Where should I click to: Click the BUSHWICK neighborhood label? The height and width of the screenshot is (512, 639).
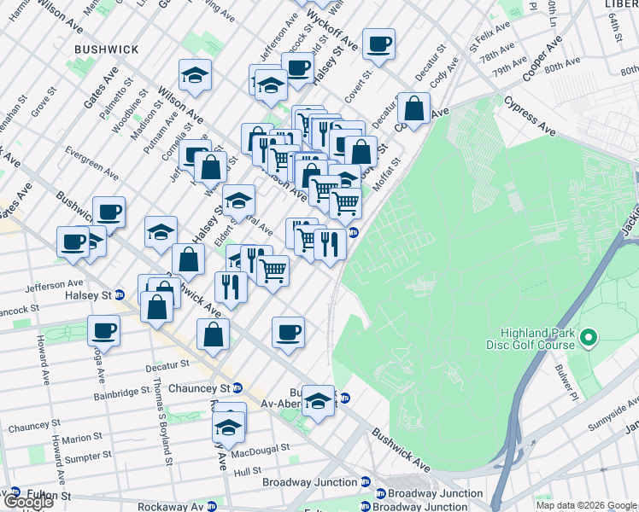point(106,49)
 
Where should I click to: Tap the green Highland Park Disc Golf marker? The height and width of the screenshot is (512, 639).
point(588,340)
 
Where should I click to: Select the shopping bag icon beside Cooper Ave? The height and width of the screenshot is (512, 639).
point(413,108)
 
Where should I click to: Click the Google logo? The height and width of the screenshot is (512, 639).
point(28,501)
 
